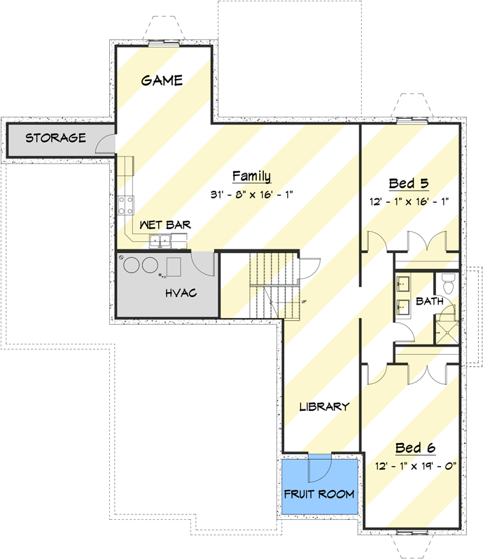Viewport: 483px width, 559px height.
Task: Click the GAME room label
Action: click(162, 80)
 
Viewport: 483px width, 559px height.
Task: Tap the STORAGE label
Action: click(56, 138)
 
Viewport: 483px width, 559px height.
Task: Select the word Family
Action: click(251, 176)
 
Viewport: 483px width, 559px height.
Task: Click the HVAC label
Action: click(181, 293)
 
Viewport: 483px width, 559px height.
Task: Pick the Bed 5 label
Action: click(409, 184)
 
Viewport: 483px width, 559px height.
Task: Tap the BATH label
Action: click(430, 302)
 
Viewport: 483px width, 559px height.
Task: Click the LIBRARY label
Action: click(324, 407)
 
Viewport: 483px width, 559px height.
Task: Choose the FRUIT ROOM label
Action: click(319, 494)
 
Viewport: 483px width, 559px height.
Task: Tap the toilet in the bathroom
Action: click(449, 284)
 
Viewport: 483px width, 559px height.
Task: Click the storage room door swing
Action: click(106, 143)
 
